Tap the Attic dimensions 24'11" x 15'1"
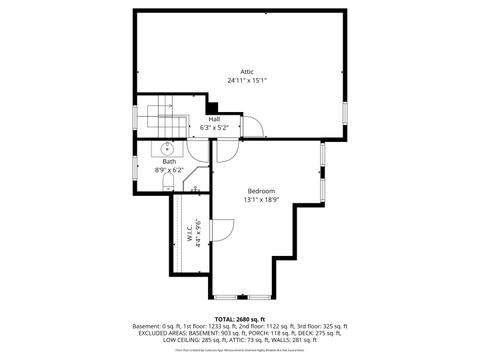pos(246,80)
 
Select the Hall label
pos(214,119)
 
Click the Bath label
pos(169,162)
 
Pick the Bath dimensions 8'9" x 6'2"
pos(169,170)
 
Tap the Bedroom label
pos(261,190)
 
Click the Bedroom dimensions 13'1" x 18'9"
pos(261,198)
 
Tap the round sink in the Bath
pos(166,148)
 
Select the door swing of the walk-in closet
pos(219,230)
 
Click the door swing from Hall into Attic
pos(250,124)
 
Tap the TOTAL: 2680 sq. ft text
pos(240,317)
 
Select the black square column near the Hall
pos(213,108)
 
